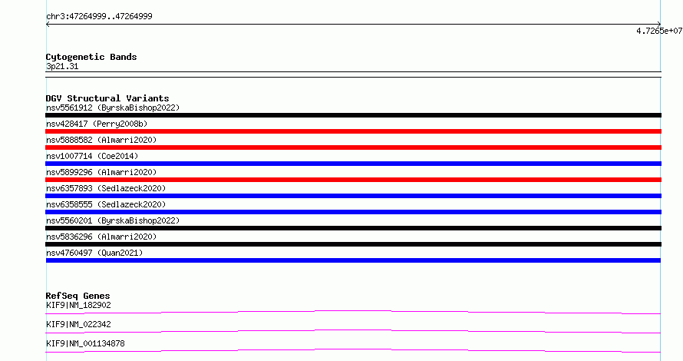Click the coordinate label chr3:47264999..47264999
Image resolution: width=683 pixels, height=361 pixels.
pyautogui.click(x=99, y=17)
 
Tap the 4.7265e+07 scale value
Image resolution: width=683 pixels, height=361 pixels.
pyautogui.click(x=659, y=31)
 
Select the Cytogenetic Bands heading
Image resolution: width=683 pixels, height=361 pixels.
pyautogui.click(x=91, y=57)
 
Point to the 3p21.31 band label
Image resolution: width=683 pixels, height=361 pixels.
pyautogui.click(x=62, y=66)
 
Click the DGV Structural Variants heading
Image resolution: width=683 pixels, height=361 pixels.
pyautogui.click(x=107, y=98)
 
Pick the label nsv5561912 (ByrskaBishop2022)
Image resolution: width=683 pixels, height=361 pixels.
pyautogui.click(x=113, y=108)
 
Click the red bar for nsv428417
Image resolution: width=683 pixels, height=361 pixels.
pyautogui.click(x=353, y=131)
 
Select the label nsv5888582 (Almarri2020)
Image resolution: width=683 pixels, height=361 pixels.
pyautogui.click(x=101, y=140)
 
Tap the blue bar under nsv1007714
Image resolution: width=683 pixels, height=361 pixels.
pyautogui.click(x=353, y=164)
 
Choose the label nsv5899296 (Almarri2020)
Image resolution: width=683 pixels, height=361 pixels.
pyautogui.click(x=101, y=172)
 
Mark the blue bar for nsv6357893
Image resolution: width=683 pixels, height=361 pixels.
pyautogui.click(x=353, y=196)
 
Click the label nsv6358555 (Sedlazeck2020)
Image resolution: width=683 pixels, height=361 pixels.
pyautogui.click(x=106, y=204)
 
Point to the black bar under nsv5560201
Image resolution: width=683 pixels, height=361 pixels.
pyautogui.click(x=353, y=228)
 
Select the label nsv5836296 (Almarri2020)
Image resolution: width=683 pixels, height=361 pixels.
pyautogui.click(x=101, y=237)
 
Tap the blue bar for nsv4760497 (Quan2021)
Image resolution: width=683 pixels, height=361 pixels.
pyautogui.click(x=353, y=260)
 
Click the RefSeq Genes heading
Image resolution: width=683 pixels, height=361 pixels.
pyautogui.click(x=78, y=296)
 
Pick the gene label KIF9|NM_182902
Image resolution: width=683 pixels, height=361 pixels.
pyautogui.click(x=78, y=305)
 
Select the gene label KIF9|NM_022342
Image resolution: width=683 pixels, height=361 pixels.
pyautogui.click(x=78, y=324)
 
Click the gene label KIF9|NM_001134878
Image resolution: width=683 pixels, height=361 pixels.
pyautogui.click(x=85, y=343)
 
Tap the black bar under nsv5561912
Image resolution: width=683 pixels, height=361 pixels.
pyautogui.click(x=353, y=115)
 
